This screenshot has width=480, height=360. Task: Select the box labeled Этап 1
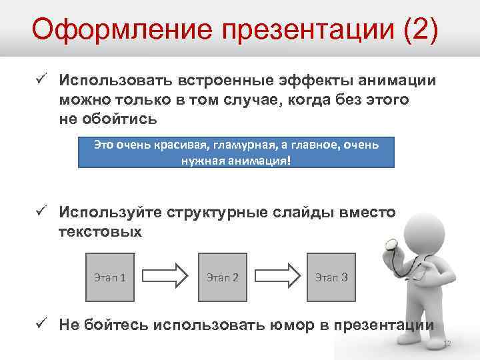pyautogui.click(x=111, y=276)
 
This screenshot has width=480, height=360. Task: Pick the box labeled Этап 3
pyautogui.click(x=331, y=276)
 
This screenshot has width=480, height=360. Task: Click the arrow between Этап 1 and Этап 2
pyautogui.click(x=167, y=276)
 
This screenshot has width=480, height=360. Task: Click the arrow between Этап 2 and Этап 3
pyautogui.click(x=276, y=276)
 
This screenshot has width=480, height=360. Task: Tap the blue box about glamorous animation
pyautogui.click(x=237, y=153)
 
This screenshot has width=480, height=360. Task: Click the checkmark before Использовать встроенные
pyautogui.click(x=41, y=80)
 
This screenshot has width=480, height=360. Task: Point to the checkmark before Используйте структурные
pyautogui.click(x=41, y=212)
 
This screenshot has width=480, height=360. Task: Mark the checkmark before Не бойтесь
pyautogui.click(x=41, y=325)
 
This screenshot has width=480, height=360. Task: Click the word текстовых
pyautogui.click(x=100, y=232)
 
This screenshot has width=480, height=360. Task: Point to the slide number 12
pyautogui.click(x=447, y=343)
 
